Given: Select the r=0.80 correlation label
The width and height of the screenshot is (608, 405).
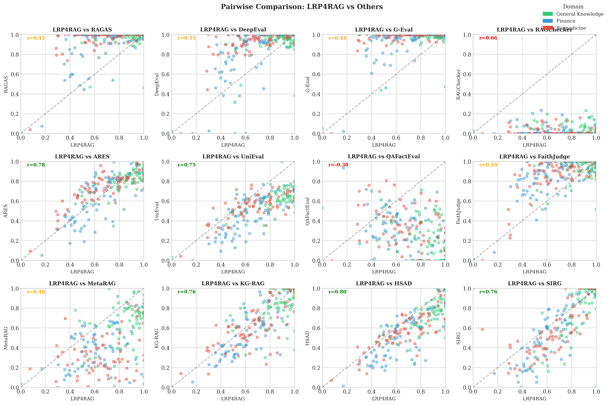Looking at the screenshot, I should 337,292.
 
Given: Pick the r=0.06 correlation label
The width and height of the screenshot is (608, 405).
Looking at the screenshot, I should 488,38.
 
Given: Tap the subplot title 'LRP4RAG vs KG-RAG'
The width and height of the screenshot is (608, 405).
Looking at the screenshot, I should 233,283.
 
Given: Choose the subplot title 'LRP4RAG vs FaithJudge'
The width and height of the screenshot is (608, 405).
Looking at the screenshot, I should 534,157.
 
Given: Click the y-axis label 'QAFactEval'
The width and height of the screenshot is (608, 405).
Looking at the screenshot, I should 307,211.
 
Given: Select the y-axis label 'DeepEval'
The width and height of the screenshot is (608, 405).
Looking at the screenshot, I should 157,84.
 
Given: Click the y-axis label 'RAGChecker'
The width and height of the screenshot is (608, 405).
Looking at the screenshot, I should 458,84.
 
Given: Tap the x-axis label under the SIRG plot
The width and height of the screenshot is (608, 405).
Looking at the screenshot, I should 534,399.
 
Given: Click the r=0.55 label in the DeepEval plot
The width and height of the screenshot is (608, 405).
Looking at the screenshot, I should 187,38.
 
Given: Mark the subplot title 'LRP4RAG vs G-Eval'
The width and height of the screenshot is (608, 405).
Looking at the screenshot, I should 384,30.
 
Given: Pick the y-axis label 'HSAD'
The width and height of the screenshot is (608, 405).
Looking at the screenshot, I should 307,338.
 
